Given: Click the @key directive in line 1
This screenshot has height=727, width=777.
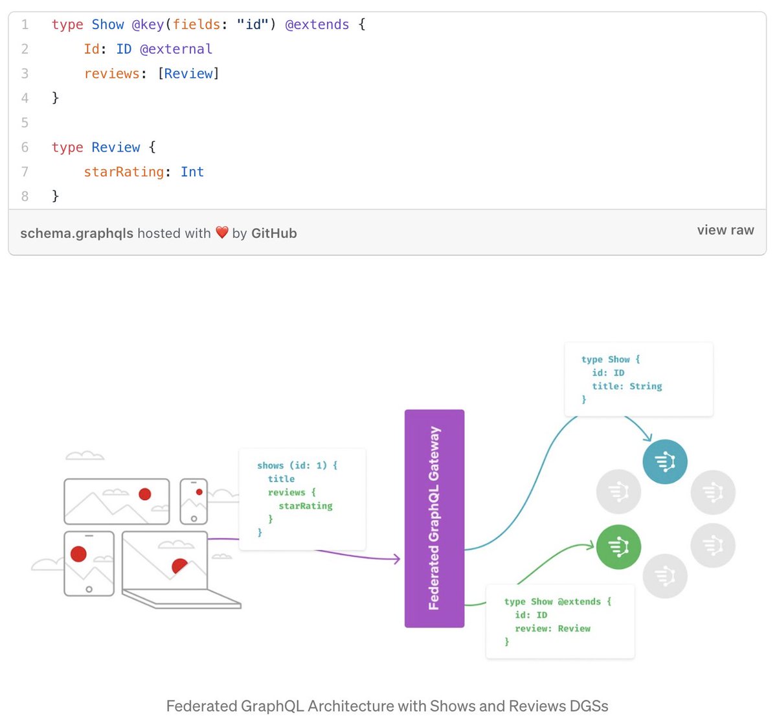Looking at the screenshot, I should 148,25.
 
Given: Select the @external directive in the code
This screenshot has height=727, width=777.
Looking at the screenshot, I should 176,49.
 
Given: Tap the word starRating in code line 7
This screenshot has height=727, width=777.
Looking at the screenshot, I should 124,172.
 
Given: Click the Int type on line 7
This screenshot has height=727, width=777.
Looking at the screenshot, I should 192,172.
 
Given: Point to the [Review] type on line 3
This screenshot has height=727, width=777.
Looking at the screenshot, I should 188,74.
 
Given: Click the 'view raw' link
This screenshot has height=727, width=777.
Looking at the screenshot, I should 725,230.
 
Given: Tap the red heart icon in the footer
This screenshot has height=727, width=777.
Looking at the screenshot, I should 222,233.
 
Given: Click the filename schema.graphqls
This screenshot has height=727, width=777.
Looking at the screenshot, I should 76,233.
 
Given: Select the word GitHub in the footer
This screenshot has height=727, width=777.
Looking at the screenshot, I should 274,233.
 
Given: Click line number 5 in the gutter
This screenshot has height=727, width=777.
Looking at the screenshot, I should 25,122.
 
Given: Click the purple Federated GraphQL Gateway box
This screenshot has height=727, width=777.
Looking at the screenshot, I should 434,518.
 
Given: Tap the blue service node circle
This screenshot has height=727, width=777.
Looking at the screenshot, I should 664,461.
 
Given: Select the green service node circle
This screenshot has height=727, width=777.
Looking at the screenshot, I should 618,547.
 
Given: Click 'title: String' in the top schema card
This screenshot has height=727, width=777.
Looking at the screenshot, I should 627,386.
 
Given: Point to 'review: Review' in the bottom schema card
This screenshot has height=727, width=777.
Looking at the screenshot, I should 552,629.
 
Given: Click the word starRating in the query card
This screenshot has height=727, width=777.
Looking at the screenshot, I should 306,506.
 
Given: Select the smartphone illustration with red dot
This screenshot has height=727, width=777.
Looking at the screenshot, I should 194,501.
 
